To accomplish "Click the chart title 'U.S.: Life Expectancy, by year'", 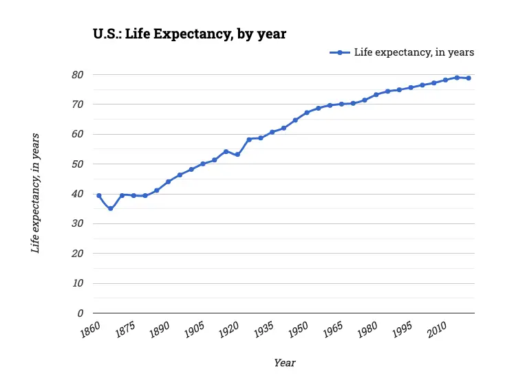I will (x=189, y=34).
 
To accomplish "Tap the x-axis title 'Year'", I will (x=284, y=362).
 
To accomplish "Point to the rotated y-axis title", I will (x=35, y=193).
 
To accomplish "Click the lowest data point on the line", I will (x=110, y=208).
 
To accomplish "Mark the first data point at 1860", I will (x=98, y=195).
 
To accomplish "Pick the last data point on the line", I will (x=469, y=78).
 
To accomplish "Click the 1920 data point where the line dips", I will (x=237, y=155).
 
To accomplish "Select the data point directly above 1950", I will (x=307, y=113).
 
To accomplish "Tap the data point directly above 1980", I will (x=376, y=94).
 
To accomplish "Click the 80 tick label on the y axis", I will (x=77, y=74).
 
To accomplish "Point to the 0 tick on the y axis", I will (x=80, y=313).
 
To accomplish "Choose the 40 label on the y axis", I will (x=77, y=194).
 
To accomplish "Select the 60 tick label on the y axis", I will (x=77, y=134).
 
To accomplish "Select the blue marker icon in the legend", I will (x=340, y=52).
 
